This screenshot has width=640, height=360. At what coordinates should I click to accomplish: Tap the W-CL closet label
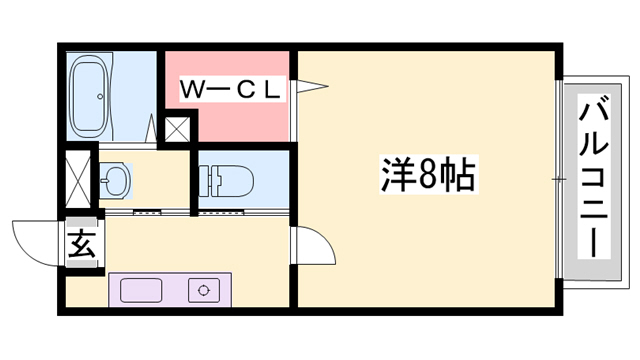pos(231,90)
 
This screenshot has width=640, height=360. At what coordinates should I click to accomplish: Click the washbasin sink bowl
pos(114,181)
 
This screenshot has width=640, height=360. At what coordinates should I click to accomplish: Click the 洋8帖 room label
pos(427,178)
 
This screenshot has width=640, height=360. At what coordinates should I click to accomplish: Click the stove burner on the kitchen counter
pos(205,290)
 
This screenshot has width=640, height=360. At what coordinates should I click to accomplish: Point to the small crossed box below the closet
pos(178,129)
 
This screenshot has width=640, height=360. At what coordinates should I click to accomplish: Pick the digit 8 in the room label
pos(427,178)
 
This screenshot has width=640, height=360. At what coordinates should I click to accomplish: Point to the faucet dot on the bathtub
pos(98,98)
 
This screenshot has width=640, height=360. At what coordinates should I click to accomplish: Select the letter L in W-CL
pos(271,90)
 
